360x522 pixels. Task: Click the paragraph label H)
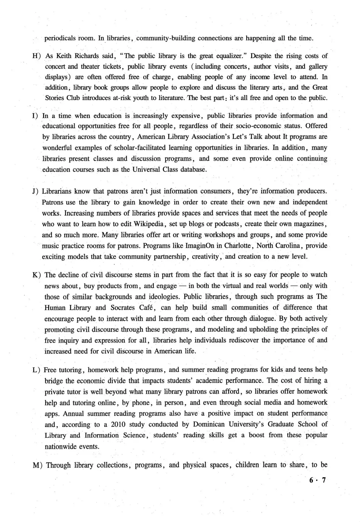(36, 56)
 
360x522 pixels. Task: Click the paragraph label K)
(37, 275)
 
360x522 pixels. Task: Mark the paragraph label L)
(37, 370)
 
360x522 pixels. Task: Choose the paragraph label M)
(38, 465)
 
